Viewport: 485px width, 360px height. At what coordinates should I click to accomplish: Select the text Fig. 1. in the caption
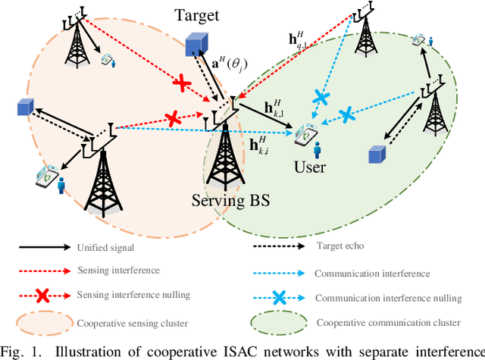(x=22, y=350)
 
